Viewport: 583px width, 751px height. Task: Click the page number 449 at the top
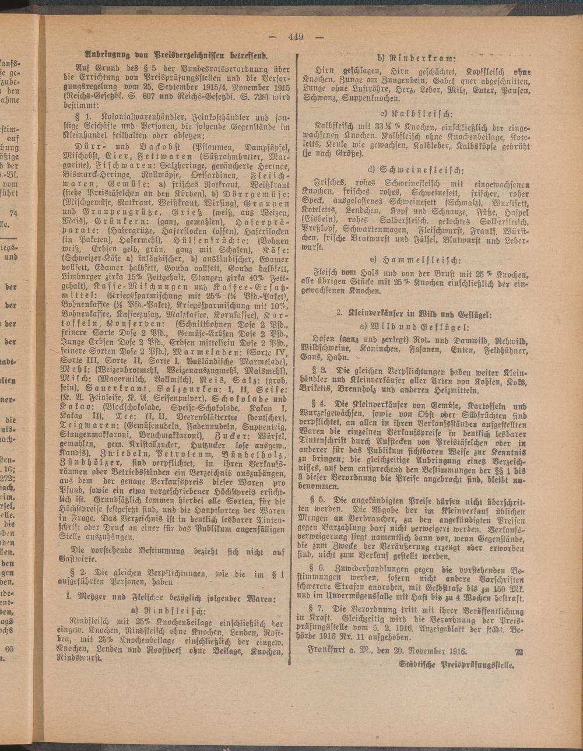click(x=296, y=36)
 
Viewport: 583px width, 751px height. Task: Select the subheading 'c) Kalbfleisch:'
click(x=416, y=113)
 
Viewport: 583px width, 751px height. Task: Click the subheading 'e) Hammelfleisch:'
click(x=415, y=260)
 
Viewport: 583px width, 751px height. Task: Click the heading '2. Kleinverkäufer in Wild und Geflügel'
click(x=415, y=313)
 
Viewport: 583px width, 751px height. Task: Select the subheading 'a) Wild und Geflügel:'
click(x=415, y=327)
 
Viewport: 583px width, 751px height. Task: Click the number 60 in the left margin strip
click(x=9, y=649)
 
